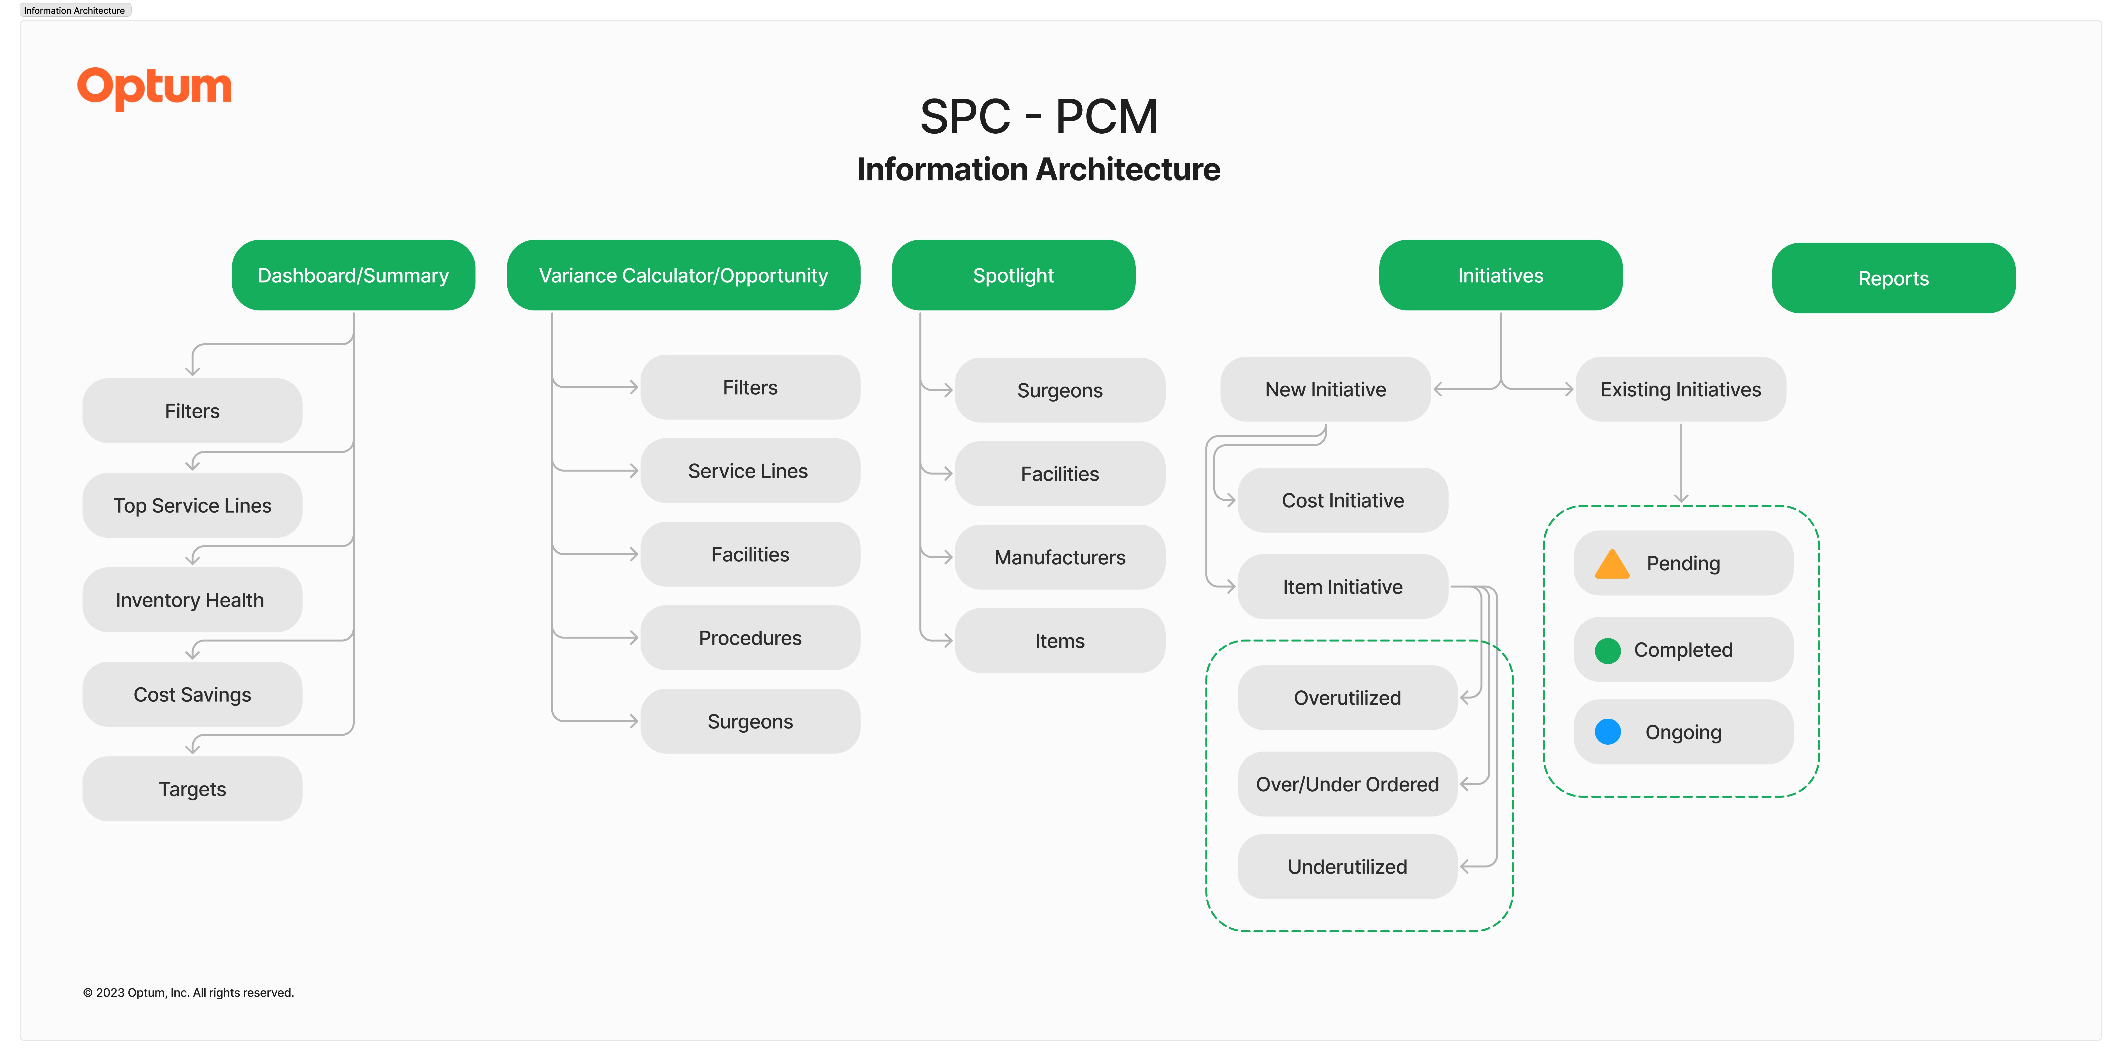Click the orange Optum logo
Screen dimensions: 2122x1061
point(155,87)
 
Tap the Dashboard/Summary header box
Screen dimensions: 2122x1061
point(353,275)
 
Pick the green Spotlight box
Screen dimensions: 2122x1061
point(1013,275)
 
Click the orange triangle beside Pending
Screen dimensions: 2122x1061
point(1612,564)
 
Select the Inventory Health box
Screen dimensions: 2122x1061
point(192,600)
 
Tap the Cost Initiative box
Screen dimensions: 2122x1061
point(1343,500)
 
